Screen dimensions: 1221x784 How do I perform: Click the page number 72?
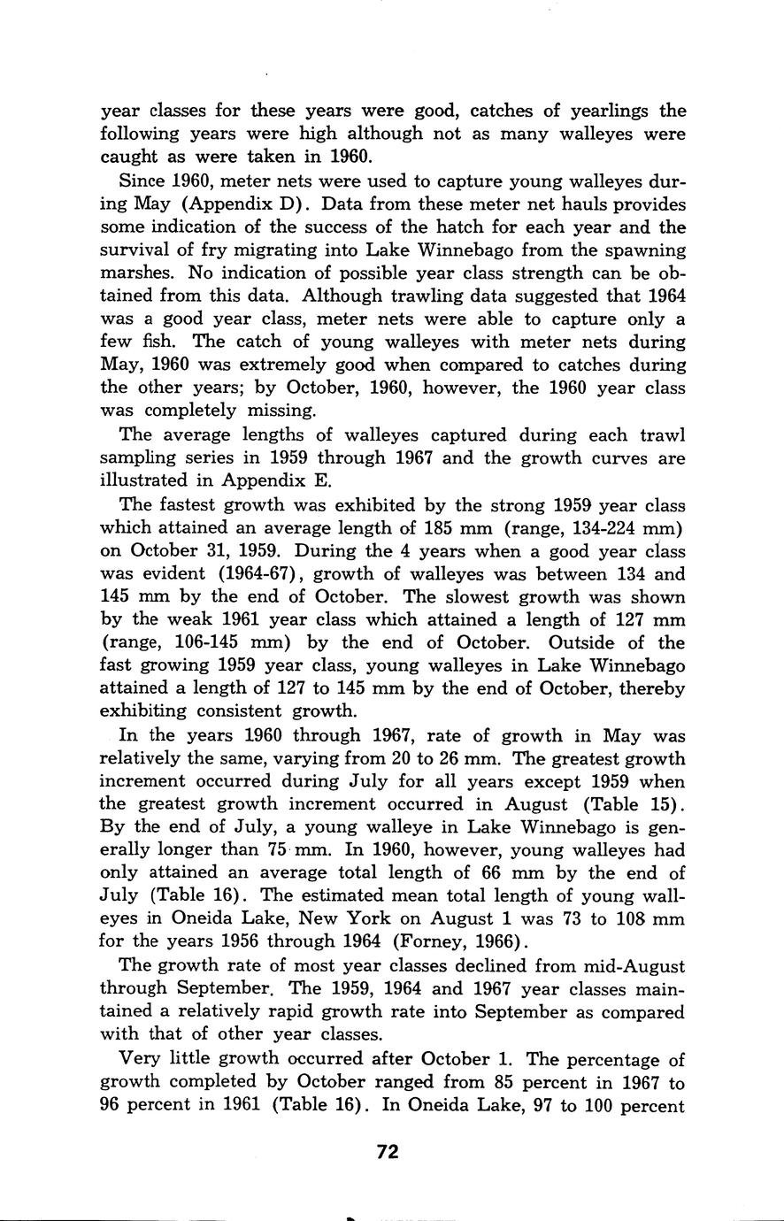(x=388, y=1151)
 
